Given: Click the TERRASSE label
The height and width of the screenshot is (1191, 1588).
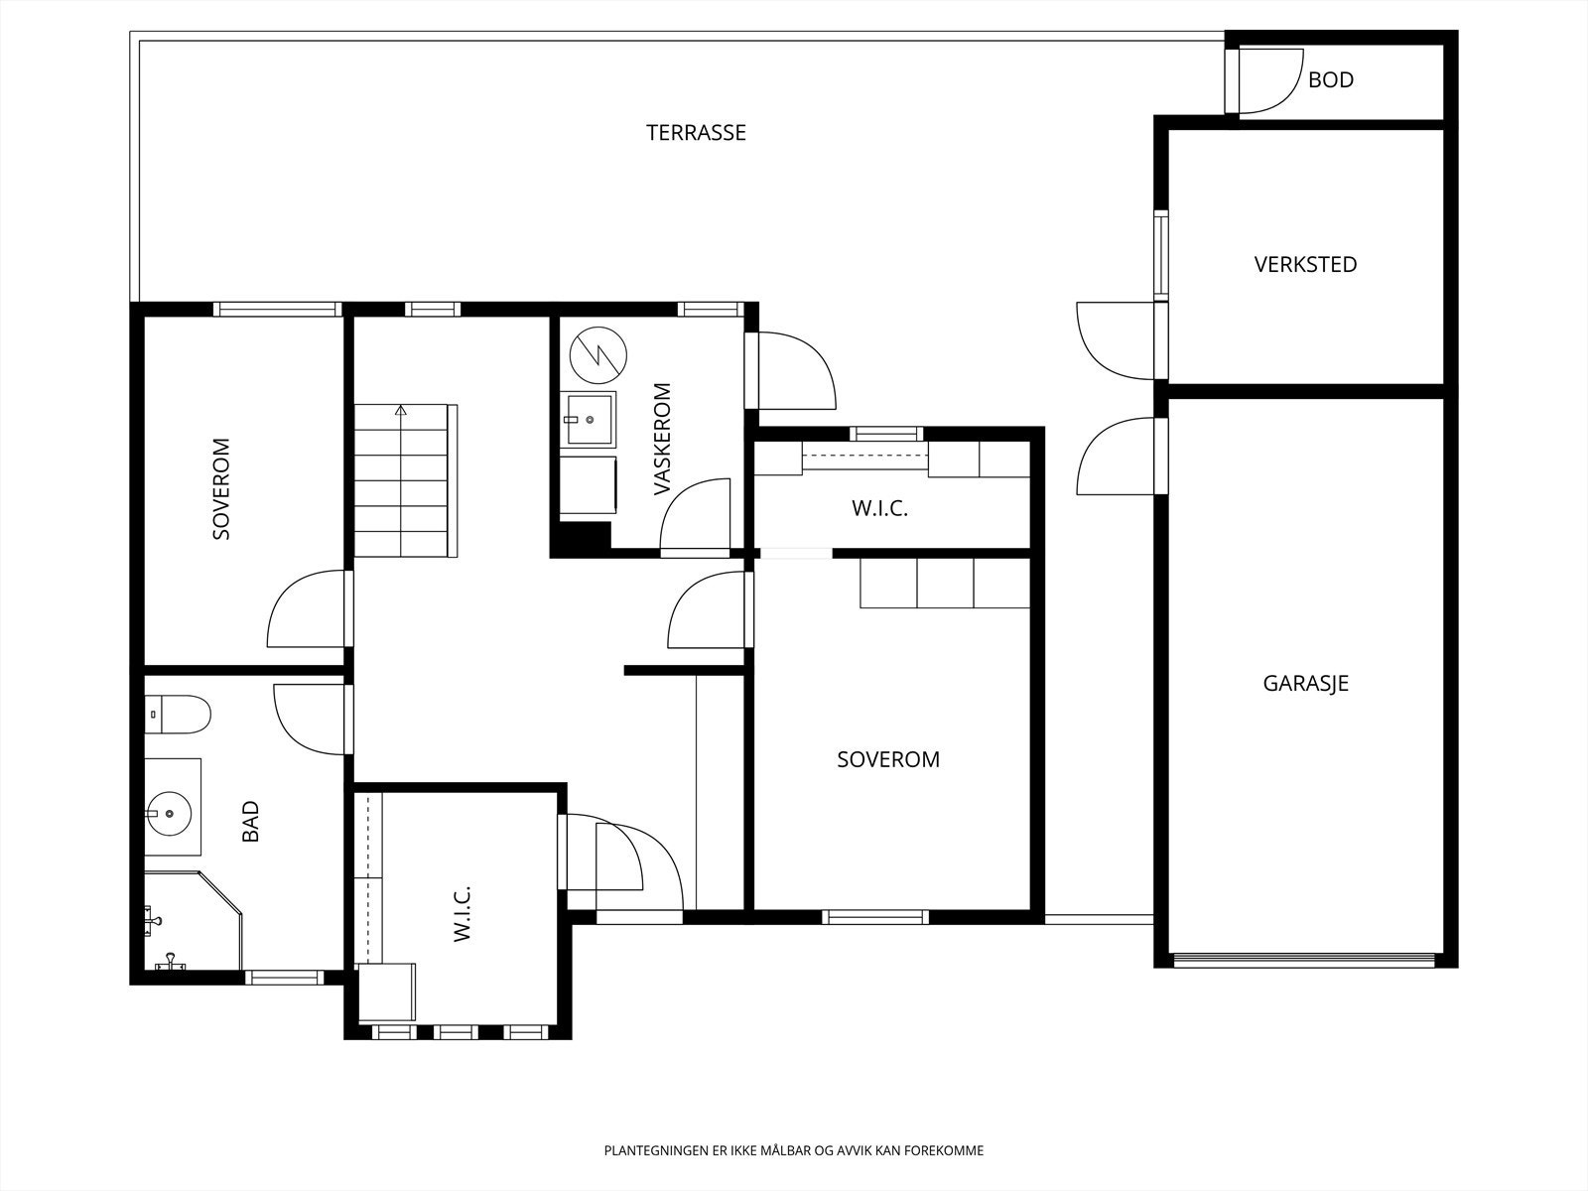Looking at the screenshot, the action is point(696,133).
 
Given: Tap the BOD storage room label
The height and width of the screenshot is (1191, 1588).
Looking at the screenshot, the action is point(1331,79).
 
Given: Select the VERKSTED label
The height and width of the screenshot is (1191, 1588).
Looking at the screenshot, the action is point(1305,265).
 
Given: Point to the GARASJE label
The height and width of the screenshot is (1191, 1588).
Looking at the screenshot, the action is point(1306,684).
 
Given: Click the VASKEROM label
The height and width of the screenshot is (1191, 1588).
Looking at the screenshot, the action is point(663,439).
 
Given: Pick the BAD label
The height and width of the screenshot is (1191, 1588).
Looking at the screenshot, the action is point(250,822).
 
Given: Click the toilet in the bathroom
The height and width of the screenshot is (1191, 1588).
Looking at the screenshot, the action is point(178,715).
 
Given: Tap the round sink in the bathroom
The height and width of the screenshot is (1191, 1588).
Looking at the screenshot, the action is point(170,814).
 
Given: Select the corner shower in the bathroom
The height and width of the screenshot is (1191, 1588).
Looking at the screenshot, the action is point(193,921).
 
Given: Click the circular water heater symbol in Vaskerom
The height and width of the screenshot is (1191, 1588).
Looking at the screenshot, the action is point(598,355).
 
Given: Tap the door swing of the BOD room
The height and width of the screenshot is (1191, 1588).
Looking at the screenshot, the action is point(1271,81).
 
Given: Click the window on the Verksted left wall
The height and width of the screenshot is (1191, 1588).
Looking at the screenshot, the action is point(1160,254).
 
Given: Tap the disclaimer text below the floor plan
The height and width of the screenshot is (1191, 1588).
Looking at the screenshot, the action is point(794,1150).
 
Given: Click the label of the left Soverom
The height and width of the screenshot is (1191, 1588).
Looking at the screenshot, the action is point(221,489).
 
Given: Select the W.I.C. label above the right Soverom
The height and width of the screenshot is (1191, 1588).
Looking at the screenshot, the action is point(879,509).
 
